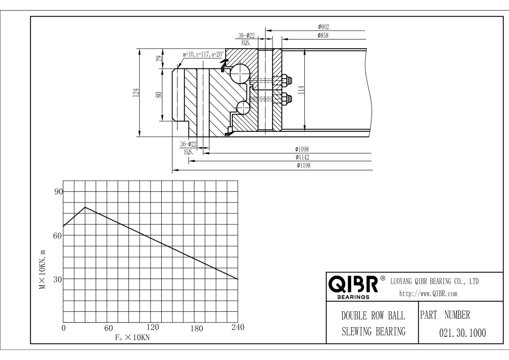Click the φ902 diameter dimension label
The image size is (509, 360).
coord(323,27)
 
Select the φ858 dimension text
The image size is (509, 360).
coord(323,36)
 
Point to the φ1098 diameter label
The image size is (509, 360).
coord(302,149)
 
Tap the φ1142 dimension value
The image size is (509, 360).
coord(302,157)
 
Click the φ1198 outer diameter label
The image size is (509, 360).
coord(304,165)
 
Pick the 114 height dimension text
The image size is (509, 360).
coord(301,90)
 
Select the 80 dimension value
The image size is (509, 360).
coord(159,95)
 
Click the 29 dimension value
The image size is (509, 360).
coord(159,58)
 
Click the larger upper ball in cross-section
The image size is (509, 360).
coord(240,74)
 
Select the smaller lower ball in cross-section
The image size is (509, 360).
coord(243,108)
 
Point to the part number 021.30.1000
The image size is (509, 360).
coord(463,333)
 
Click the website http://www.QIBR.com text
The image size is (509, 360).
coord(428,294)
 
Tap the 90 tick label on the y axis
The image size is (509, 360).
coord(58,192)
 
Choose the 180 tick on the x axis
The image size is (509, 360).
coord(196,328)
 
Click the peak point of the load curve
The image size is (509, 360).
coord(85,207)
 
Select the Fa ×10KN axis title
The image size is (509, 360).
coord(132,337)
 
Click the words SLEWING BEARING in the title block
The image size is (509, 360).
coord(374,331)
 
